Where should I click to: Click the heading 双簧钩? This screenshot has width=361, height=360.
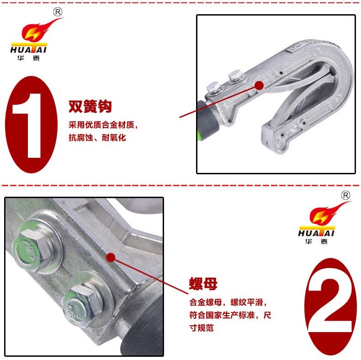(x=90, y=106)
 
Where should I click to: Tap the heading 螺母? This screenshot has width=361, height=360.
(x=203, y=284)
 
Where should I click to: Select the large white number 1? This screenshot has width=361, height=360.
(x=27, y=126)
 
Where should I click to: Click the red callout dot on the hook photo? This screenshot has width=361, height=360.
(x=259, y=85)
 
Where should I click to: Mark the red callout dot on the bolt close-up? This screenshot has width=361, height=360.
(x=111, y=258)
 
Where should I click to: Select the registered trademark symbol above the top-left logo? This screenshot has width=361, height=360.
(x=58, y=12)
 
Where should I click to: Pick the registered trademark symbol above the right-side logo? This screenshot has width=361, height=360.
(x=345, y=195)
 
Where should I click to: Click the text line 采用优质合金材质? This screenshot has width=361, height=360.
(x=101, y=125)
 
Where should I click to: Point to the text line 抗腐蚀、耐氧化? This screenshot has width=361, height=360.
(x=97, y=138)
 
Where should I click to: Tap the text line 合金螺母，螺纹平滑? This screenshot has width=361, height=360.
(x=226, y=302)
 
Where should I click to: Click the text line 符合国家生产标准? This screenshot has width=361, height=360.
(x=222, y=315)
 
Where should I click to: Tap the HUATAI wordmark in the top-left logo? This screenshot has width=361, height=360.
(x=29, y=49)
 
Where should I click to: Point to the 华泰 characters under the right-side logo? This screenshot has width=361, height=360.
(x=316, y=242)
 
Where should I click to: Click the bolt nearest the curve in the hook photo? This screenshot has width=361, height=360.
(x=235, y=75)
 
